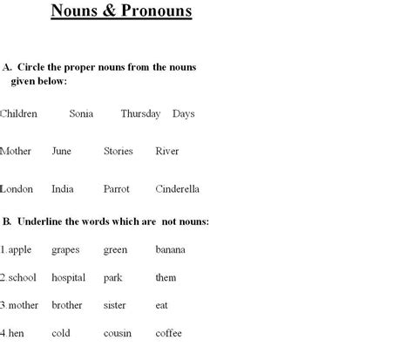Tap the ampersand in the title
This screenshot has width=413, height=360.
point(106,12)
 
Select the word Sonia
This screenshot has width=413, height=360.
point(81,113)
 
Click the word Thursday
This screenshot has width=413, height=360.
point(140,113)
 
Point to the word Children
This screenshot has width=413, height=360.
point(19,113)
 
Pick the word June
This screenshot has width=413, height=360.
point(61,151)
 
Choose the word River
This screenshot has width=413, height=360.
point(166,151)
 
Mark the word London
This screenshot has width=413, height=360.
point(17,188)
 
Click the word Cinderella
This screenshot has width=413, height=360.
point(177,188)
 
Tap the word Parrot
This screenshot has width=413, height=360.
point(116,188)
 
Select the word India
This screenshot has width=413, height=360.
point(63,188)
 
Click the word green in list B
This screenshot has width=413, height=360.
point(115,250)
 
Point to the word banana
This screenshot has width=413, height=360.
point(170,250)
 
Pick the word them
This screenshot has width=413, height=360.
point(166,278)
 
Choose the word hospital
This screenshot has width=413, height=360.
point(68,278)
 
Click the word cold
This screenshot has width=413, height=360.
point(61,333)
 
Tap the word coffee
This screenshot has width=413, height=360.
point(169,333)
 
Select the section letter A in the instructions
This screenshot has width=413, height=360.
point(7,66)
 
